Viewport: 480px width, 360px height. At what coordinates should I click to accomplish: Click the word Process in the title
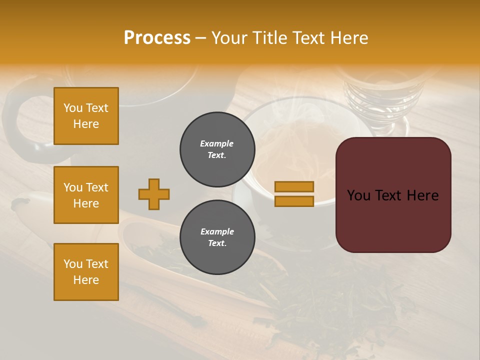click(x=157, y=37)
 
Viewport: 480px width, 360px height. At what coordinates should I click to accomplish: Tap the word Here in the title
click(x=348, y=37)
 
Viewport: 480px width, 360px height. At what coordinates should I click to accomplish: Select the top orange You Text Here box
click(x=86, y=116)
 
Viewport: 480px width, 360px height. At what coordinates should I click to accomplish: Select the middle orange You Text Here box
click(x=86, y=195)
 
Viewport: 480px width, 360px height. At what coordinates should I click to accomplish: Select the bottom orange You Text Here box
click(x=86, y=272)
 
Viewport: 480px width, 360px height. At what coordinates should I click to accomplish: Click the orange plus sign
click(x=154, y=194)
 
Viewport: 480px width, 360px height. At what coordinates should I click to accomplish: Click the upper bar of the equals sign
click(x=294, y=186)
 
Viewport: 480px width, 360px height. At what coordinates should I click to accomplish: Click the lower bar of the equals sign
click(x=294, y=201)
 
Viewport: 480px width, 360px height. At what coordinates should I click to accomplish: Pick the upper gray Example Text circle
click(x=217, y=149)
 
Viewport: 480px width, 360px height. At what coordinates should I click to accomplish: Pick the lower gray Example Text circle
click(x=217, y=237)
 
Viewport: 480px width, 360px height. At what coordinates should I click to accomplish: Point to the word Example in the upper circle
click(x=216, y=143)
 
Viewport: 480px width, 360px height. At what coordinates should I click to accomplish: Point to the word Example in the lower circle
click(x=217, y=231)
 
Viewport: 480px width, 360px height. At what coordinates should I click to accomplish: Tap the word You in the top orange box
click(x=73, y=108)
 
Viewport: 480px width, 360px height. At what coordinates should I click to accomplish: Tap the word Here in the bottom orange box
click(x=86, y=280)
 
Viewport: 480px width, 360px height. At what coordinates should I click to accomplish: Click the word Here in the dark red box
click(x=422, y=195)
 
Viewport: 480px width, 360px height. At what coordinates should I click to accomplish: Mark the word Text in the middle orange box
click(x=96, y=187)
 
